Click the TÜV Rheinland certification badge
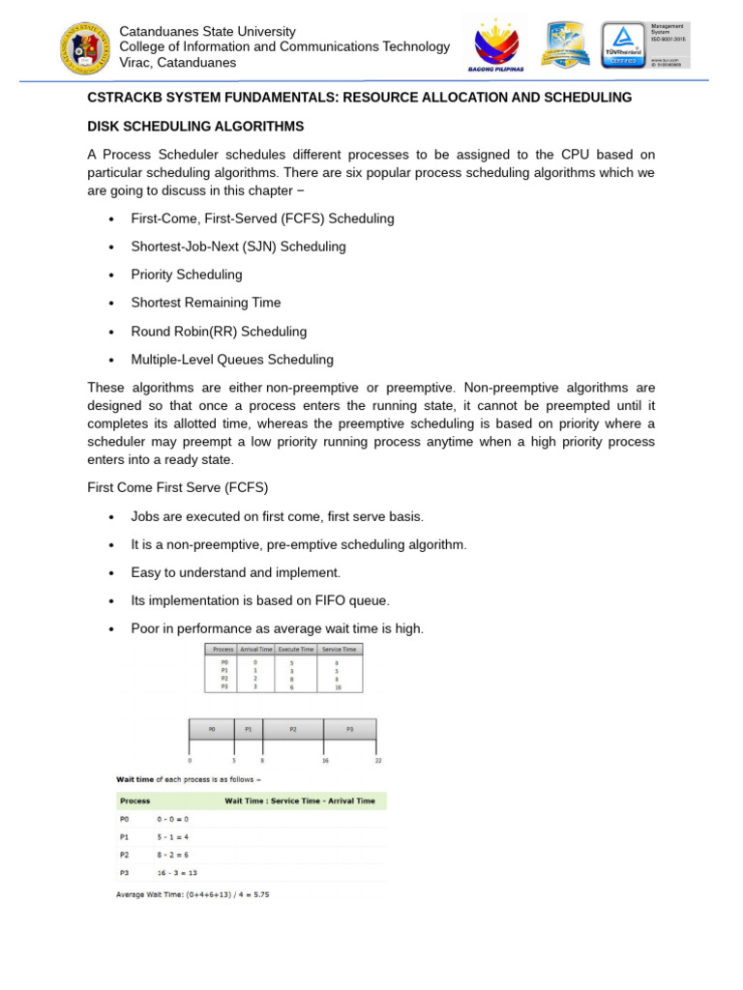(x=625, y=46)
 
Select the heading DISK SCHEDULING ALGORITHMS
(x=195, y=127)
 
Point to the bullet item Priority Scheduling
(x=187, y=275)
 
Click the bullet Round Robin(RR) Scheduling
(x=219, y=332)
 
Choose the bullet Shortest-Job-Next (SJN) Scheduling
(x=238, y=247)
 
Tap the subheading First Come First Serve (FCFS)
(x=178, y=488)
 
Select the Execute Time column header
(x=295, y=650)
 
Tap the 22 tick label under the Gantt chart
(x=377, y=761)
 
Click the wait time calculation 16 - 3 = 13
(x=178, y=872)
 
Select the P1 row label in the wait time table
(x=125, y=836)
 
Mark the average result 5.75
(x=259, y=894)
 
